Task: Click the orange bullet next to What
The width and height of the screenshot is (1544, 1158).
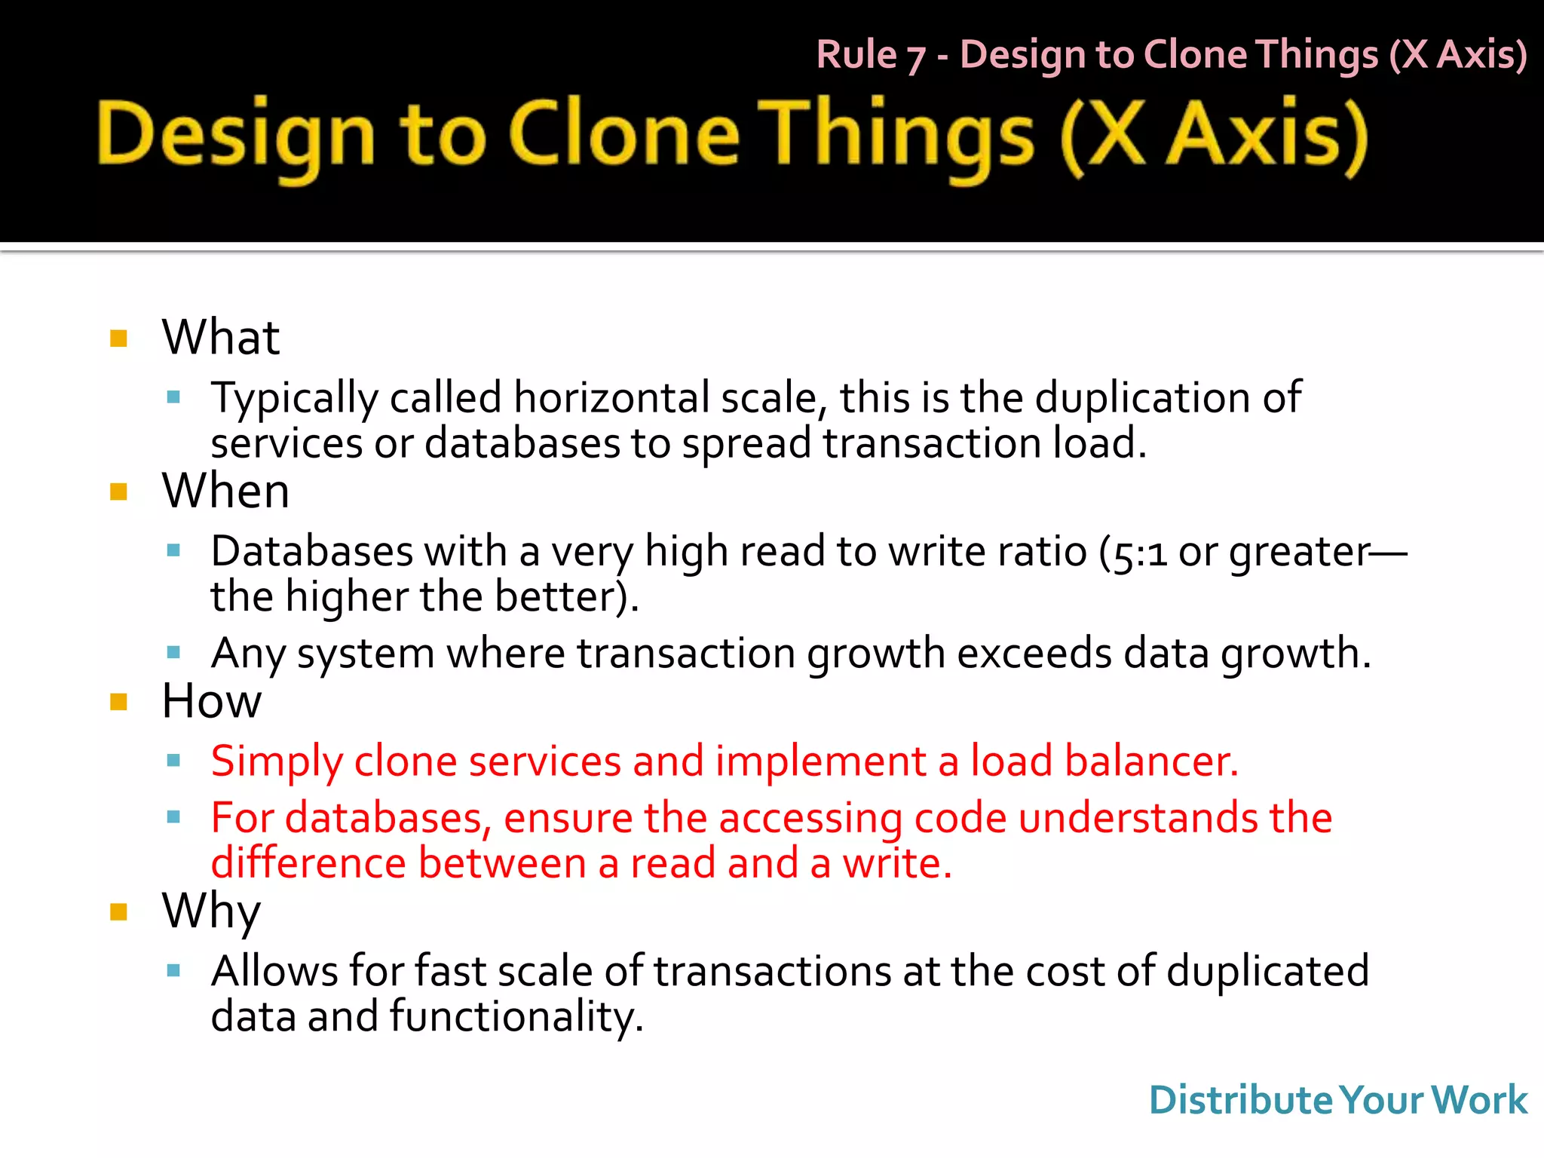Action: pyautogui.click(x=118, y=338)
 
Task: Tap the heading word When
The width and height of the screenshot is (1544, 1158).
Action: pyautogui.click(x=225, y=492)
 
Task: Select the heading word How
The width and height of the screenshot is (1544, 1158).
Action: pyautogui.click(x=212, y=701)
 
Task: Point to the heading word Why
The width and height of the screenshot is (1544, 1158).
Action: pyautogui.click(x=211, y=911)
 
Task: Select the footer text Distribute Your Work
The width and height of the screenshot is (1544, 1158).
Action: pyautogui.click(x=1337, y=1100)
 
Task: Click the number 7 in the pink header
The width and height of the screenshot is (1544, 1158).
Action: pyautogui.click(x=916, y=57)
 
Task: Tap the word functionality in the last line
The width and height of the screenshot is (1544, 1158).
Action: pyautogui.click(x=516, y=1017)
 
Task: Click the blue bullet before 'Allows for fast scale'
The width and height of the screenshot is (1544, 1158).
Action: pyautogui.click(x=173, y=971)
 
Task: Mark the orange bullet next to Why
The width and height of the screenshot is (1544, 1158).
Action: pyautogui.click(x=118, y=912)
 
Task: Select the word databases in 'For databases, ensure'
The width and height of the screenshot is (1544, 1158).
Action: pyautogui.click(x=384, y=819)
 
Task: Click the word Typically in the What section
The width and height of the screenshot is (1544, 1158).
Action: pyautogui.click(x=294, y=400)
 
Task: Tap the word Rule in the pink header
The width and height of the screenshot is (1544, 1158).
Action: pyautogui.click(x=856, y=55)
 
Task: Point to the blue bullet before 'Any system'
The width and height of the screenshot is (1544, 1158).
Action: pyautogui.click(x=173, y=652)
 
